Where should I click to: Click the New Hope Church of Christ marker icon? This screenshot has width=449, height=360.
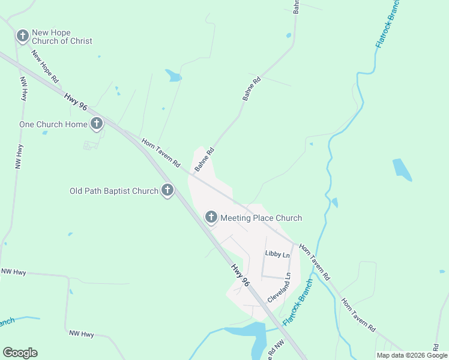(23, 37)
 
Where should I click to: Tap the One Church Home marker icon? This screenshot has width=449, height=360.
(97, 124)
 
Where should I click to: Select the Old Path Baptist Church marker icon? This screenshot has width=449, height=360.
(167, 191)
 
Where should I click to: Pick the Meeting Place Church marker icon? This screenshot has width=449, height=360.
(211, 217)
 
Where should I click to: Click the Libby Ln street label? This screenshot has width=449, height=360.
(277, 255)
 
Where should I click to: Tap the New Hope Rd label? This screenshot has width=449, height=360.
(45, 66)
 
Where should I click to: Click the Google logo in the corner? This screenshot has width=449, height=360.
(20, 353)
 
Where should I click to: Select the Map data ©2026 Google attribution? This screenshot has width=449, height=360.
(412, 355)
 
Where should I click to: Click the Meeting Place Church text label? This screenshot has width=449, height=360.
(261, 218)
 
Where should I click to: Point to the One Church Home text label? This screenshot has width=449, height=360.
(53, 124)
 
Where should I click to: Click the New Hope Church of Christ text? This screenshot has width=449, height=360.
(62, 37)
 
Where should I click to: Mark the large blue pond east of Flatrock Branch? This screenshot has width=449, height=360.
(402, 170)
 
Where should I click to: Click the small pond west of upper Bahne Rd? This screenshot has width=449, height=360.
(173, 76)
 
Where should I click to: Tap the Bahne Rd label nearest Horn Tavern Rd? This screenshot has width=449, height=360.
(204, 160)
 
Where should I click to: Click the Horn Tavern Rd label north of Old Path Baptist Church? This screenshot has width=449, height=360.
(161, 153)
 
